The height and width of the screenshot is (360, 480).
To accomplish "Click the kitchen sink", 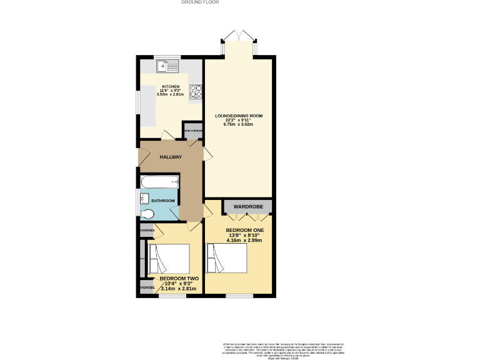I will tap(167, 64).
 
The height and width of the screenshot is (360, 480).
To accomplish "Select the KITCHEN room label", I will tap(171, 87).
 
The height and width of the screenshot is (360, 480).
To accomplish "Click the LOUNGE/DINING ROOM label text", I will tap(238, 116).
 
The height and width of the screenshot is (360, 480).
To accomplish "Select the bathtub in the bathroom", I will tap(160, 182).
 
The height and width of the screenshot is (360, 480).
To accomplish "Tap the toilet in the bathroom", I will tap(147, 214).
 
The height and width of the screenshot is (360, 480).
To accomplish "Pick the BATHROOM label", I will tap(162, 201).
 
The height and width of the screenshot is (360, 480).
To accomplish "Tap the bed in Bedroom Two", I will tap(168, 259).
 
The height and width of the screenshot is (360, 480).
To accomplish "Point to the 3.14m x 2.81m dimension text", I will tap(178, 289).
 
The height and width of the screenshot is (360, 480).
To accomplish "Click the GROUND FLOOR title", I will tap(199, 2).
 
